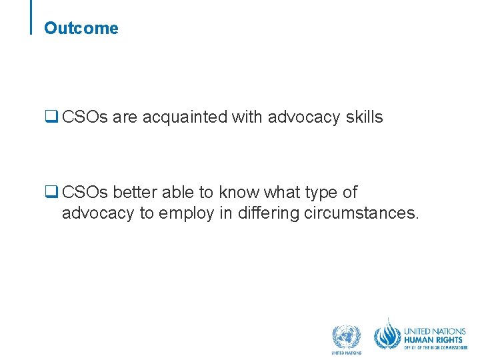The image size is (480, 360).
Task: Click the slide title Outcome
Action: pos(81,29)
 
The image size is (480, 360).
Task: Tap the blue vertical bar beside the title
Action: pos(32,17)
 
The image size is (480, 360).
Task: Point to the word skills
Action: pos(364,117)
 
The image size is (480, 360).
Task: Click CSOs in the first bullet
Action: pos(85,117)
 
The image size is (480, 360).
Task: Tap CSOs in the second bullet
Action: pos(85,193)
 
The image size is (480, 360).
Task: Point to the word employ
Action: pos(184,213)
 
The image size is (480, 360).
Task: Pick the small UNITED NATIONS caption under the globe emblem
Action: pos(346,353)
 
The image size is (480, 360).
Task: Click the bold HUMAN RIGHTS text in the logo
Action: pos(435,339)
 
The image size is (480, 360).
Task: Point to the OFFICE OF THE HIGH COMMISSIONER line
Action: pos(435,347)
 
